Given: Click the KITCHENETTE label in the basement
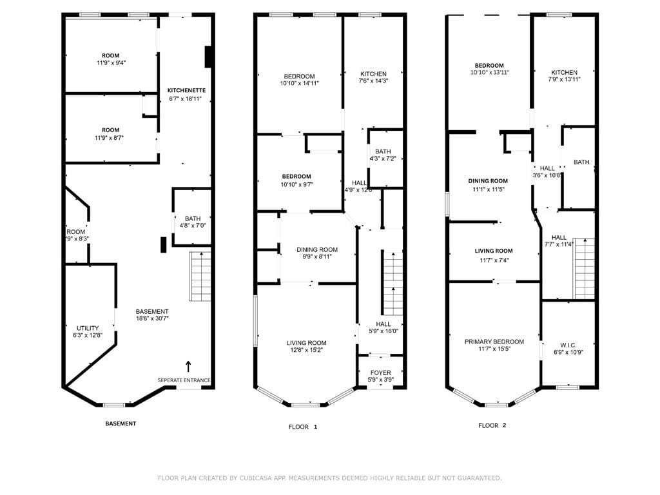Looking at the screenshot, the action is point(186,90).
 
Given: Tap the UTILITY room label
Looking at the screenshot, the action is point(88,328).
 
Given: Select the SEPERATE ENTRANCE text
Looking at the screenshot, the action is point(184,380).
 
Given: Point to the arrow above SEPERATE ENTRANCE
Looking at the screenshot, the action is point(188,366).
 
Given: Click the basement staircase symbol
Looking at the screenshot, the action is point(200,276).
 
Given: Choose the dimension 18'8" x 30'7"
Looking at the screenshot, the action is point(152,318).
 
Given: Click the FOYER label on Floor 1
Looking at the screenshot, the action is point(380,373).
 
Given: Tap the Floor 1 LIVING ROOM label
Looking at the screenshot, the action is point(306,343).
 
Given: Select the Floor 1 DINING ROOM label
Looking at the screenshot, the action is point(317,249).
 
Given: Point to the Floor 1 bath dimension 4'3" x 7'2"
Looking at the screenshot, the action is point(383,159).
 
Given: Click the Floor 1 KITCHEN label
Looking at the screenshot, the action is point(373,73).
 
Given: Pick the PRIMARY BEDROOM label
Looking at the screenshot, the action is point(494,342).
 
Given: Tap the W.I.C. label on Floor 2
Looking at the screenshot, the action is point(568,345).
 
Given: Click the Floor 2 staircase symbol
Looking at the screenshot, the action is point(584,269).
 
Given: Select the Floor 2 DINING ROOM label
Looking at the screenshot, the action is point(488,181).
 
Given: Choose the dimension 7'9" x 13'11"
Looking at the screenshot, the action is point(565,79).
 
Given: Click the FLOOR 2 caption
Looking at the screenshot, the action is point(492,425).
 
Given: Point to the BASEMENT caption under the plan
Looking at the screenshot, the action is point(121,423).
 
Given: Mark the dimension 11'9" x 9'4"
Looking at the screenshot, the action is point(112,63).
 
